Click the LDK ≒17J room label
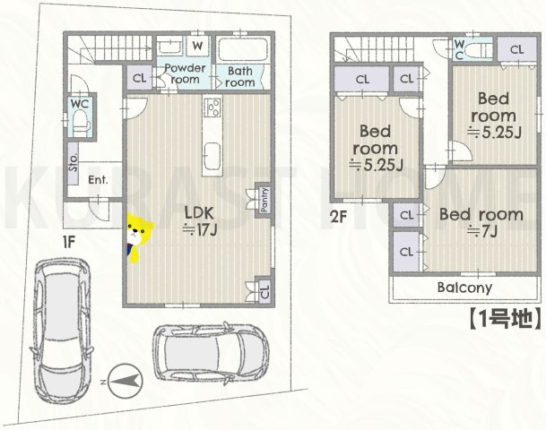[x=200, y=220]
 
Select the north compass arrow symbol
[x=126, y=381]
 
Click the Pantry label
[x=264, y=200]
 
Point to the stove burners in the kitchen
[x=212, y=107]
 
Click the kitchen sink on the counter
[x=212, y=156]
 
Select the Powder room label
[x=185, y=73]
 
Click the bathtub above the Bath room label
[x=242, y=48]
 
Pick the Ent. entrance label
[x=98, y=180]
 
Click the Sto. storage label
[x=74, y=163]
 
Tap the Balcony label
[x=464, y=288]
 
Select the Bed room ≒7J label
[x=481, y=222]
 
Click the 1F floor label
[x=69, y=242]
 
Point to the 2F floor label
[x=339, y=217]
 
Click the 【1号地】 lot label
[x=504, y=319]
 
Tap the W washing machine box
[x=197, y=45]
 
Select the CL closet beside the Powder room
[x=139, y=78]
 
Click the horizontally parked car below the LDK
[x=212, y=354]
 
